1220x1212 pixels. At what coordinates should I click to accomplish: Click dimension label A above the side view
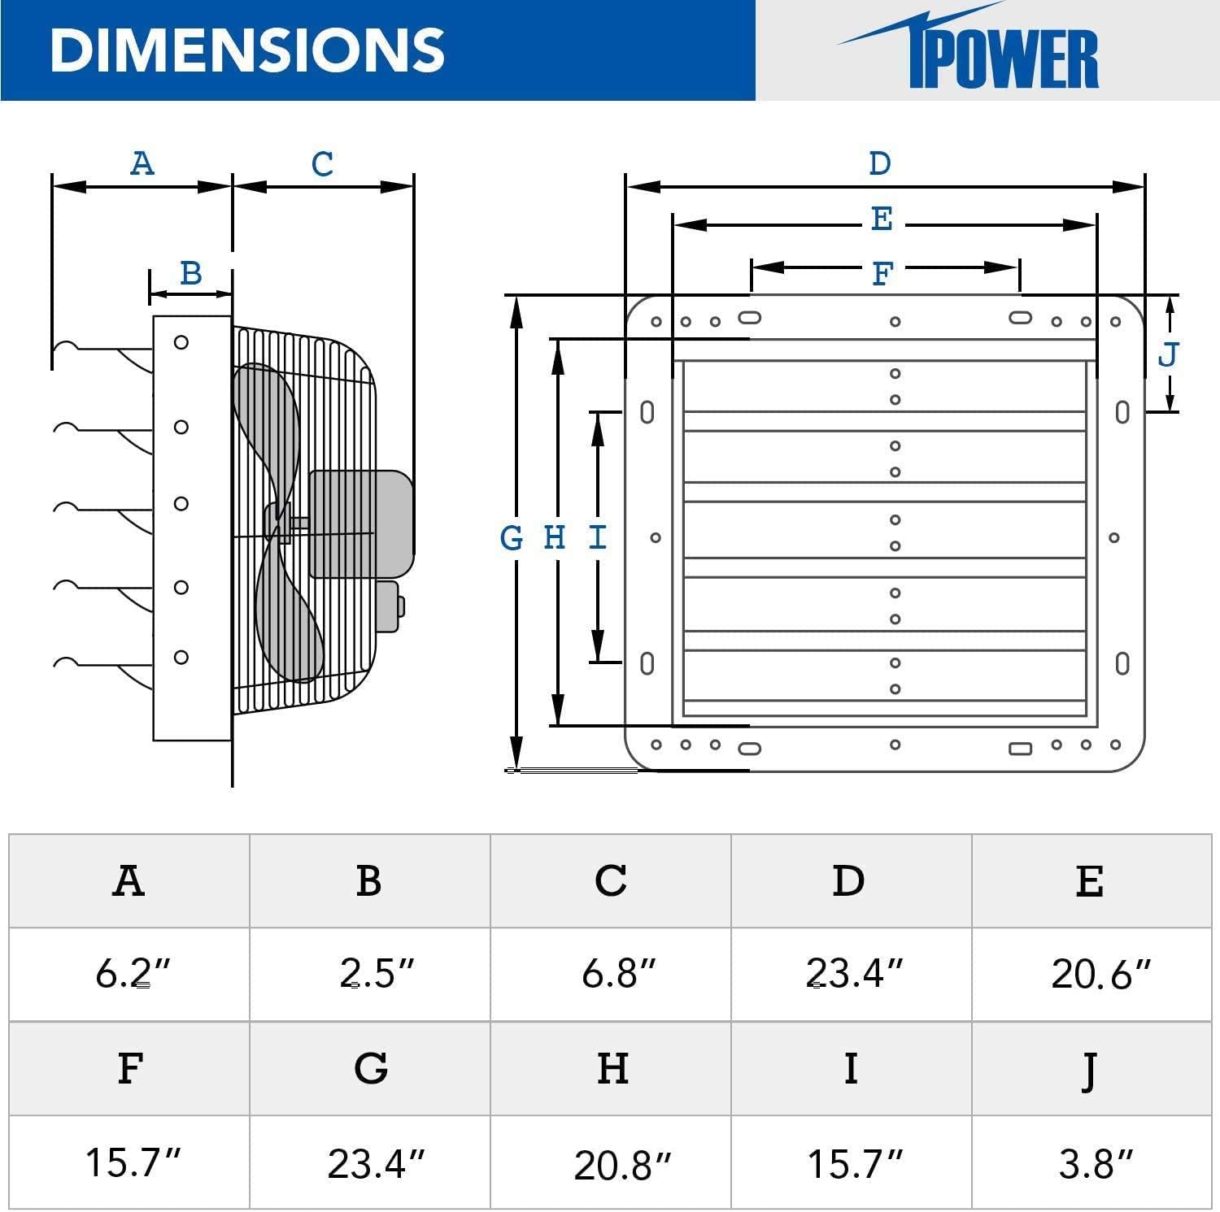pos(142,163)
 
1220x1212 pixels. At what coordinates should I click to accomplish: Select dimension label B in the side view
pos(190,273)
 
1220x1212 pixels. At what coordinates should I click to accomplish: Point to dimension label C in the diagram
pos(322,164)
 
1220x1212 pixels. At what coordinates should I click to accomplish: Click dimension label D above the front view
pos(880,163)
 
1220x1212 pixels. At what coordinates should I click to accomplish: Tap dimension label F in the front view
pos(882,274)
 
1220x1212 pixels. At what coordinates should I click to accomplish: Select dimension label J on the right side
pos(1168,354)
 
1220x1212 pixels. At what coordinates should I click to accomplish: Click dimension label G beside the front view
pos(512,537)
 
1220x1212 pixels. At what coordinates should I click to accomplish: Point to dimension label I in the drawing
pos(598,537)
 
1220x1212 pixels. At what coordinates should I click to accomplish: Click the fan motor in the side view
pos(360,523)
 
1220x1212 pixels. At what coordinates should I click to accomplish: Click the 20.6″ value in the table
pos(1100,974)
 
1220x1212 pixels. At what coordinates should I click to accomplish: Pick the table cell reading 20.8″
pos(622,1165)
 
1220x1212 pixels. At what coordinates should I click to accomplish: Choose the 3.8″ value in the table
pos(1095,1163)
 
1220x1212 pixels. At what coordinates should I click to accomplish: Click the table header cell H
pos(612,1068)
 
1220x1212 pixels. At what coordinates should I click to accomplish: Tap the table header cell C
pos(610,880)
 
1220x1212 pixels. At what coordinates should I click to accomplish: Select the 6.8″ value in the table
pos(620,973)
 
